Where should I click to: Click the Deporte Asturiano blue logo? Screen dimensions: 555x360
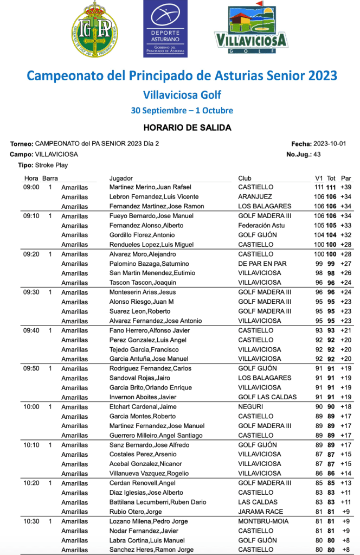coord(165,28)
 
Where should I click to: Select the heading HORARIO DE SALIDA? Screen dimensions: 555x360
coord(179,128)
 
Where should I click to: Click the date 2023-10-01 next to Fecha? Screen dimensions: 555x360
coord(329,144)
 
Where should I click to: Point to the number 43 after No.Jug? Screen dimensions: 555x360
coord(317,154)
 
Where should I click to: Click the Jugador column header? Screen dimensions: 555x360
coord(121,178)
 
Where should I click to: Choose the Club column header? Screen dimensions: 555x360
coord(245,178)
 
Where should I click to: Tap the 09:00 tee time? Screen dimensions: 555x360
coord(31,187)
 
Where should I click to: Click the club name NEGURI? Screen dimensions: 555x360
coord(250,407)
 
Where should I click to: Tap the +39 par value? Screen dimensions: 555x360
coord(346,187)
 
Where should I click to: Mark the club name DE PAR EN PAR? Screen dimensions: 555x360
coord(262,264)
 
